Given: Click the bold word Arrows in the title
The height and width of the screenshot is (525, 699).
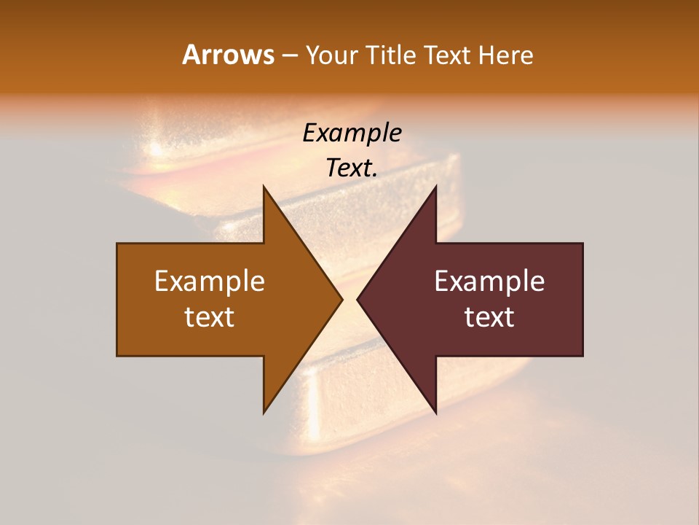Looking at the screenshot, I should point(228,55).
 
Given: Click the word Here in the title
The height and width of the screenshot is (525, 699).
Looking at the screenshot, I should point(505,55).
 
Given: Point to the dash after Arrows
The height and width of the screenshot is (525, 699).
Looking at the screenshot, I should point(289,56).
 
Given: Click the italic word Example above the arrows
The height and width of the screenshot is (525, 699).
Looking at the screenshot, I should point(352,133).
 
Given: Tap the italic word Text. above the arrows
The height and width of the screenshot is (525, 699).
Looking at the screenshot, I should point(352,168).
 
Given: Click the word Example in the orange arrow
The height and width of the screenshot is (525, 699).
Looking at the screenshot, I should point(210,281).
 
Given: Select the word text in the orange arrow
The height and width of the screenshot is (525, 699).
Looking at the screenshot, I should point(210,317).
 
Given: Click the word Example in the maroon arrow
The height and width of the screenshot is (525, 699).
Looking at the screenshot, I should point(489,281).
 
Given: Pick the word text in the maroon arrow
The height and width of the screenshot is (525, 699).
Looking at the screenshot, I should point(489,317).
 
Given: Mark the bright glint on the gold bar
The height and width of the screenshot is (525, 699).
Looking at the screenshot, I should point(154,149).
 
